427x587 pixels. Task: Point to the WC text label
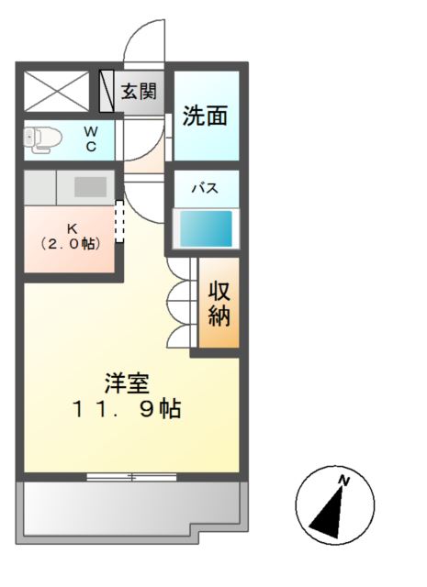(x=91, y=138)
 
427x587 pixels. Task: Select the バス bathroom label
(x=204, y=188)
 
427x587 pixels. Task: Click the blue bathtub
(x=205, y=228)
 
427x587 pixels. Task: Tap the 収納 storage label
(x=219, y=305)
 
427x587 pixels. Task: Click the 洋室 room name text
(x=126, y=382)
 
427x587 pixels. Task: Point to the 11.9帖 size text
(x=127, y=409)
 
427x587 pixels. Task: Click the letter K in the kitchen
(x=71, y=228)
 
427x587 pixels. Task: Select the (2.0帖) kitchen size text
(x=70, y=244)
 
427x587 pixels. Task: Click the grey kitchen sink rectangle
(x=91, y=186)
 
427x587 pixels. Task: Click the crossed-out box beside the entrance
(x=58, y=91)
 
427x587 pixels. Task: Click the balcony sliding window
(x=132, y=476)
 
